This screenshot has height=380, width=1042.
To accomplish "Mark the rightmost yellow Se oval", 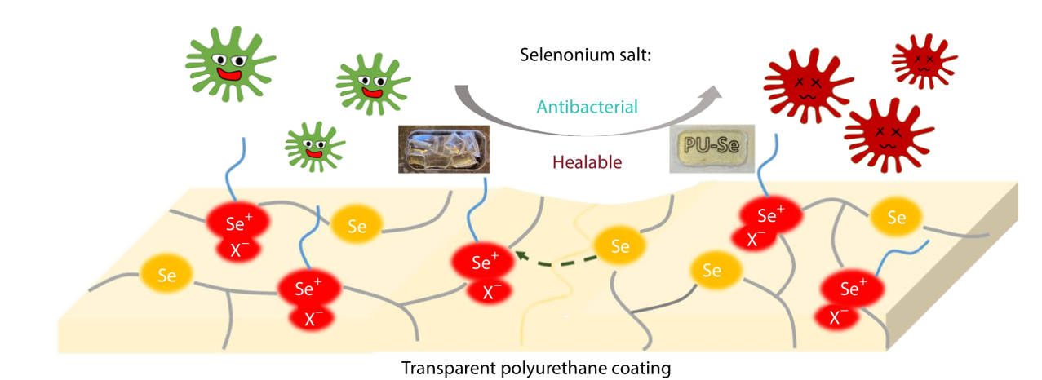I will click(896, 218).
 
